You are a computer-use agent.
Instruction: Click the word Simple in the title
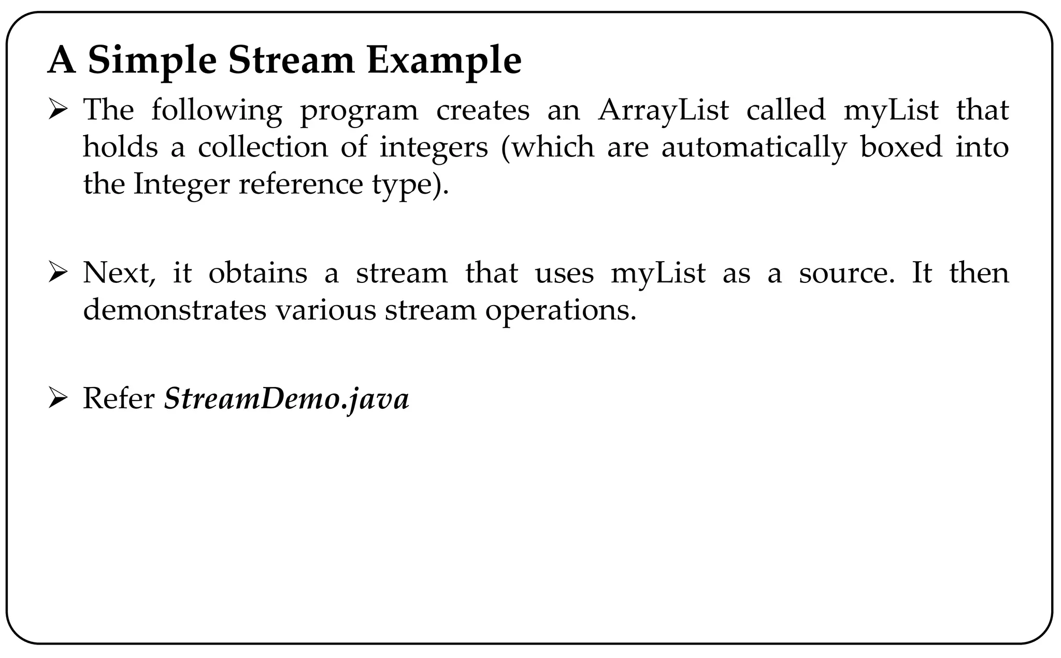pos(152,61)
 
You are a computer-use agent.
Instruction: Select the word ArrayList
pos(663,110)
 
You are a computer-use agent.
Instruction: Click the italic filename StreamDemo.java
pos(286,399)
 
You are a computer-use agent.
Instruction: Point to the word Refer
pos(119,399)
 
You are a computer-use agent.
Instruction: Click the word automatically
pos(753,148)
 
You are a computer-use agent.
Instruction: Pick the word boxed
pos(901,147)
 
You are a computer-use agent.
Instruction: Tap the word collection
pos(263,147)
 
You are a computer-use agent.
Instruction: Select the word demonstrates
pos(175,310)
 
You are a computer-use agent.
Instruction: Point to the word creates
pos(483,110)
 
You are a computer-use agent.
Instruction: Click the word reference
pos(300,184)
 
